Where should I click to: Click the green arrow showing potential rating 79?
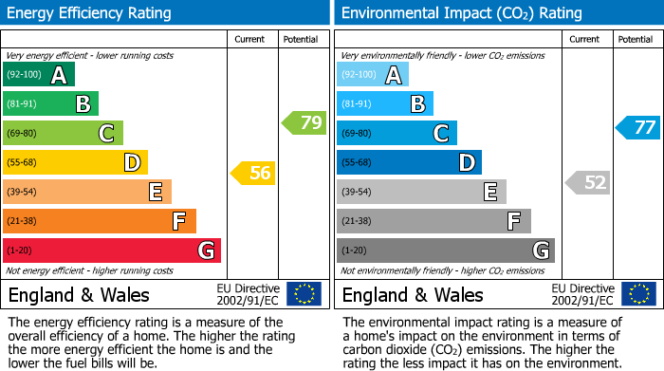304,122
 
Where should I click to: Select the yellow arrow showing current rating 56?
253,173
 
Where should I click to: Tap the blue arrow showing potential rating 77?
638,128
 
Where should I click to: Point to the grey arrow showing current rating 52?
587,182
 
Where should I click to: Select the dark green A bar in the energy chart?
39,75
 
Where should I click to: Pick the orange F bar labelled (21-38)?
100,221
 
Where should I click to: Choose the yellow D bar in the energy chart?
76,162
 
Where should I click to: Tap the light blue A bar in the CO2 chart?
373,75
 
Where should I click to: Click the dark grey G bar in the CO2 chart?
445,250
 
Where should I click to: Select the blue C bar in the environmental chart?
397,134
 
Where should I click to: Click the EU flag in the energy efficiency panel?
304,294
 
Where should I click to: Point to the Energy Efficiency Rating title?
90,13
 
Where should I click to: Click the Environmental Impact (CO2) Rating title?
461,13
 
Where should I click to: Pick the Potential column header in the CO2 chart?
636,39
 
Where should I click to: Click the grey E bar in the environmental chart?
421,192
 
